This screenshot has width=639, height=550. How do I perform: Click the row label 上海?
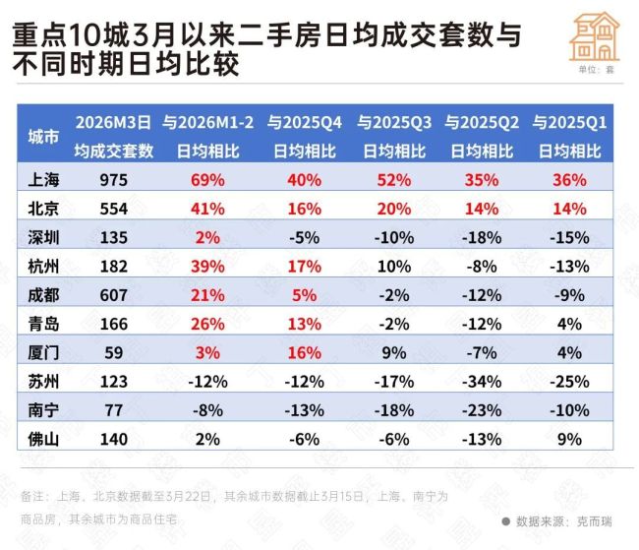(x=45, y=180)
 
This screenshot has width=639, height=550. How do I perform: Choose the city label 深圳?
(x=45, y=237)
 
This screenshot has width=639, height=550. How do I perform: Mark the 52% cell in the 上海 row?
(x=390, y=180)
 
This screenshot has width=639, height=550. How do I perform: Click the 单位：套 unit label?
(x=595, y=70)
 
